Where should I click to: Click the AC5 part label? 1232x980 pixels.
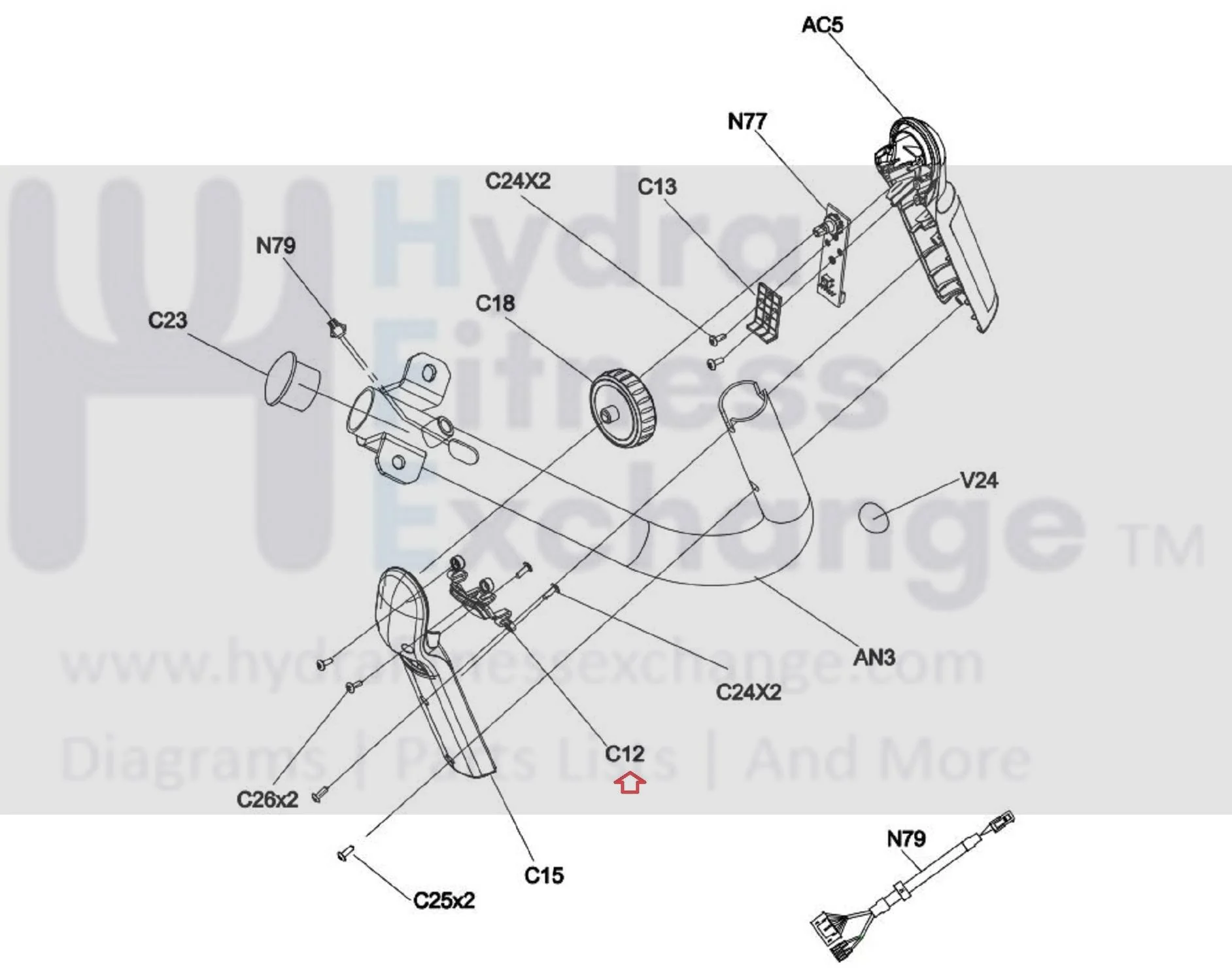pyautogui.click(x=822, y=25)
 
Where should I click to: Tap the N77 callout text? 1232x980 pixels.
pyautogui.click(x=747, y=121)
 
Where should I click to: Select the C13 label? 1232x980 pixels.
pyautogui.click(x=657, y=187)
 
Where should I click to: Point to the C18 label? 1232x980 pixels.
pyautogui.click(x=495, y=303)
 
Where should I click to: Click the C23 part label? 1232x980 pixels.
pyautogui.click(x=167, y=320)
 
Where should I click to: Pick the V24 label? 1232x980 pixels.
pyautogui.click(x=979, y=481)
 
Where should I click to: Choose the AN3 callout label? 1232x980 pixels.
pyautogui.click(x=874, y=657)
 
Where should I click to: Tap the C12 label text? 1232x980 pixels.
pyautogui.click(x=625, y=754)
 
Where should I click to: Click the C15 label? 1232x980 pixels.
pyautogui.click(x=543, y=875)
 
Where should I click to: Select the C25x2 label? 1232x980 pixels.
pyautogui.click(x=444, y=900)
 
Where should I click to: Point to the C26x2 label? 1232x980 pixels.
pyautogui.click(x=267, y=799)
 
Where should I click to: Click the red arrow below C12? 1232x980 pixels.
pyautogui.click(x=630, y=783)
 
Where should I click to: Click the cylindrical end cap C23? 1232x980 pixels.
pyautogui.click(x=292, y=382)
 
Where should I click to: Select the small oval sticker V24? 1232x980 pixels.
pyautogui.click(x=874, y=516)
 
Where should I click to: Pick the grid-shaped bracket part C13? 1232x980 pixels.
pyautogui.click(x=764, y=313)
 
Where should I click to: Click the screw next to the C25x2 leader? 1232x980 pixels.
pyautogui.click(x=345, y=853)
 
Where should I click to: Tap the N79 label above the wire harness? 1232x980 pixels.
pyautogui.click(x=906, y=839)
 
